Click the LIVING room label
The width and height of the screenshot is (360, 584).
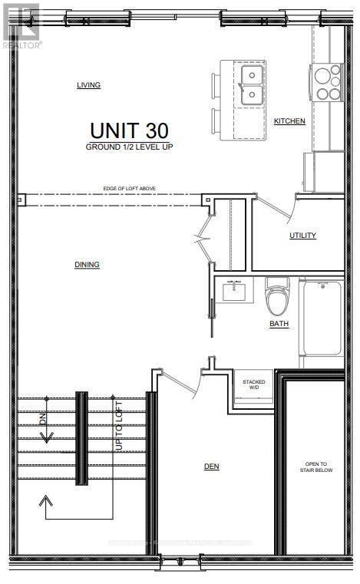tap(88, 85)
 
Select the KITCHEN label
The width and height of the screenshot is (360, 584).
tap(289, 121)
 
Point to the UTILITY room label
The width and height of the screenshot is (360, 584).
tap(302, 236)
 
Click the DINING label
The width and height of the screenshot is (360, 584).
tap(87, 265)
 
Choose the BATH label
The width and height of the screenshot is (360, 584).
tap(279, 325)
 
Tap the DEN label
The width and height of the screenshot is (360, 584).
tap(212, 466)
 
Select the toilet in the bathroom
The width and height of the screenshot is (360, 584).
tap(276, 295)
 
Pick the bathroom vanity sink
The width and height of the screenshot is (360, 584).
tap(232, 292)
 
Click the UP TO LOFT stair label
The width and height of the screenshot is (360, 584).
tap(118, 427)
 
